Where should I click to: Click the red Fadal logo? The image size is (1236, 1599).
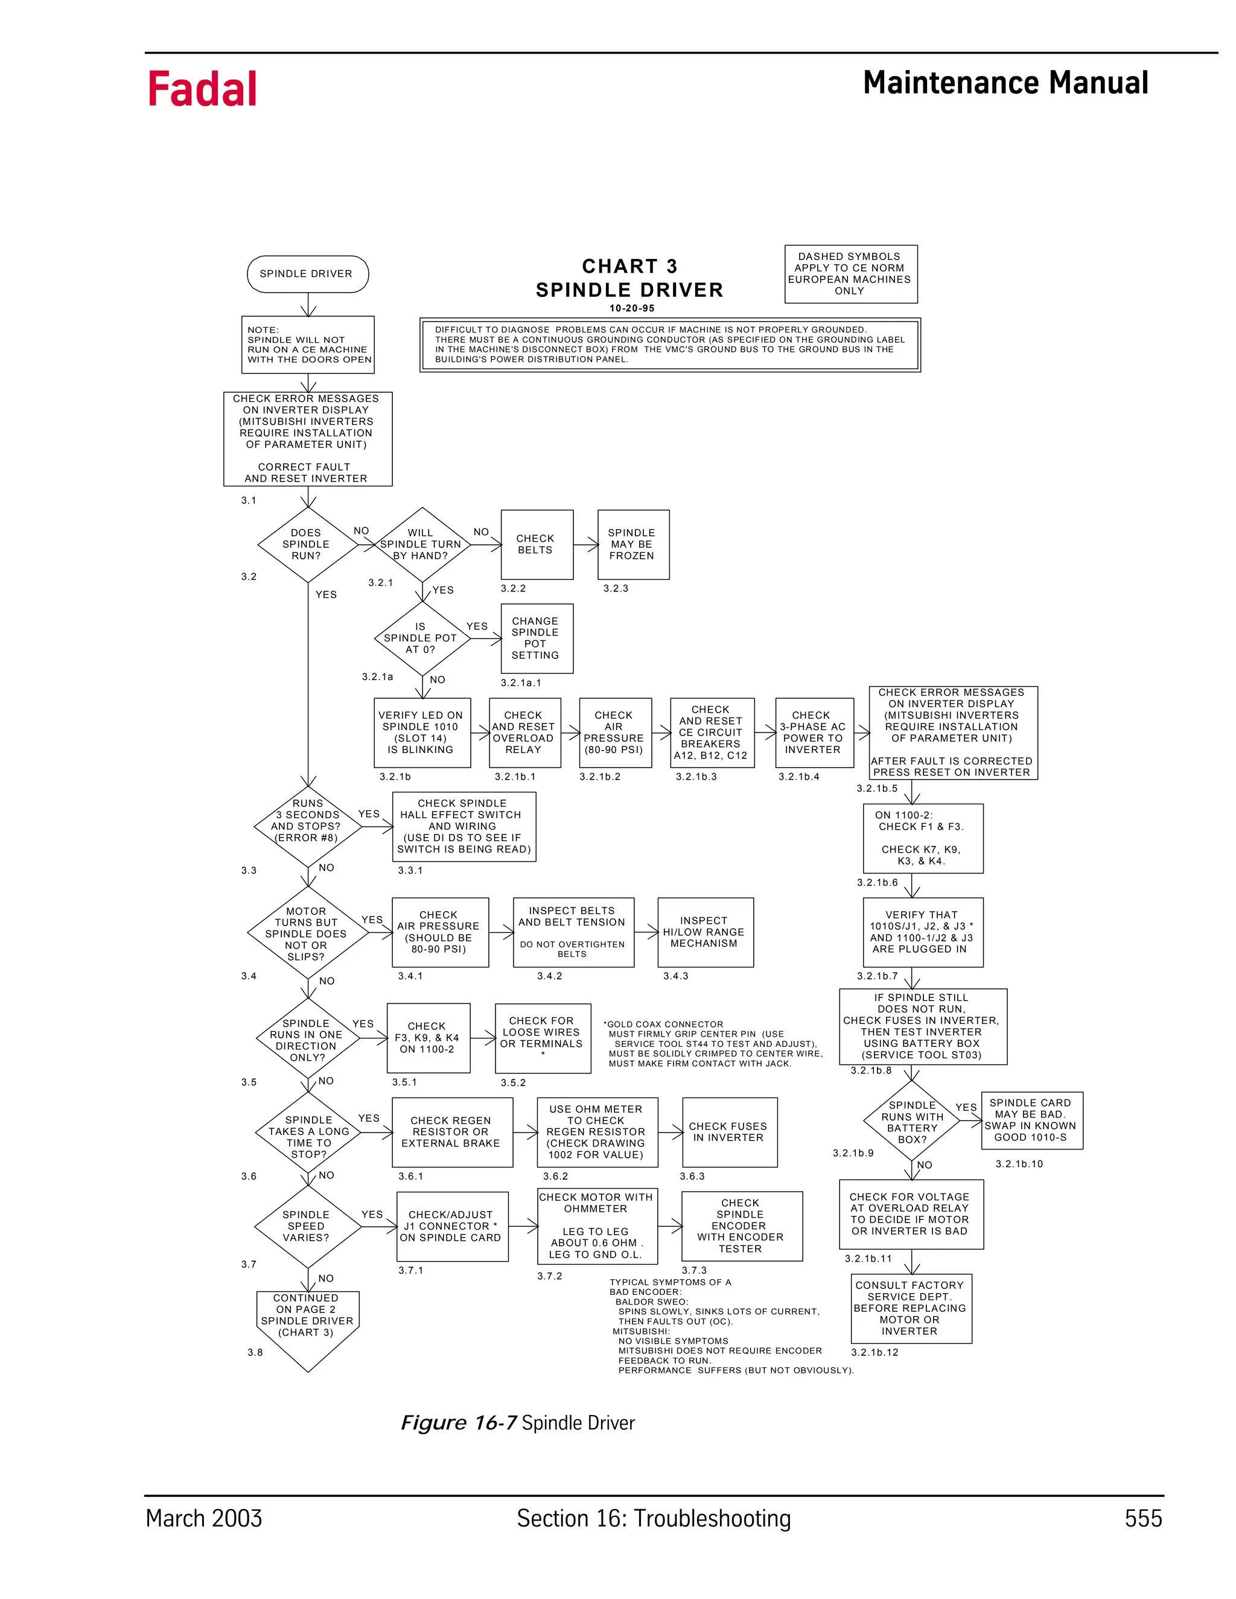point(202,89)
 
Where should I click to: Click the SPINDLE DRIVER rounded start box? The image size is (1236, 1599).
point(308,274)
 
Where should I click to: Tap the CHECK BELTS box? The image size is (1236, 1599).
point(536,544)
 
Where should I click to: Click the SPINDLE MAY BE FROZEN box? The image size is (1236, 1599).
point(632,544)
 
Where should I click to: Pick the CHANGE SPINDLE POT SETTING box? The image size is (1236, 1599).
point(536,638)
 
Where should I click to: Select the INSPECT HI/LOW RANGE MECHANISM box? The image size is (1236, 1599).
point(704,932)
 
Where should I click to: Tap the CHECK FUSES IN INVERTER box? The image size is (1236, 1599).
point(728,1132)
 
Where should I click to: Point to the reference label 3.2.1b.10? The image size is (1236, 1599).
point(1019,1163)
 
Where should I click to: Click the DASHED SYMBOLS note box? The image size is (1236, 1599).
point(850,274)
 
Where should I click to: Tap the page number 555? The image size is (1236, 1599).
point(1143,1519)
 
